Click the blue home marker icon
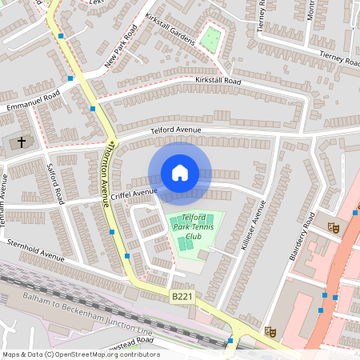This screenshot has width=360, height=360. [180, 173]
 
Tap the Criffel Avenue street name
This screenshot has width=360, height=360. [134, 193]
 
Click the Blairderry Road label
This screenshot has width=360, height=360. [300, 235]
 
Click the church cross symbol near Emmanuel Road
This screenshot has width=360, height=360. [21, 142]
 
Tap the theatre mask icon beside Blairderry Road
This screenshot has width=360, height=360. [334, 228]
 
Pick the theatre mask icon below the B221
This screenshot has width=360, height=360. [270, 330]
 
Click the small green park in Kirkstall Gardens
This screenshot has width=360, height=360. [210, 38]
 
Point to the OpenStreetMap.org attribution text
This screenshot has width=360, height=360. [80, 354]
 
